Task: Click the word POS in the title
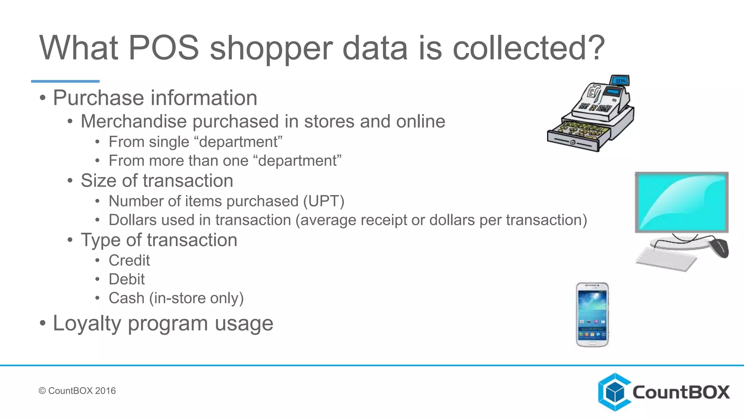(x=163, y=48)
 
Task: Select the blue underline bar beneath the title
(x=65, y=81)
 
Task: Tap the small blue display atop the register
(x=620, y=80)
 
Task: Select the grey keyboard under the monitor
(x=666, y=259)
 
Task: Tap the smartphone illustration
(x=593, y=315)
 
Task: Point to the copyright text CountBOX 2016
(x=77, y=391)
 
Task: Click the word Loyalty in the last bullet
(x=87, y=323)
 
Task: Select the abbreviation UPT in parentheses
(x=324, y=201)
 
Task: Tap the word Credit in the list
(x=129, y=260)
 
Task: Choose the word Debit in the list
(x=126, y=279)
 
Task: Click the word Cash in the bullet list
(x=126, y=298)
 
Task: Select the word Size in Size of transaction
(x=98, y=181)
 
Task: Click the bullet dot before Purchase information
(x=43, y=98)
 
